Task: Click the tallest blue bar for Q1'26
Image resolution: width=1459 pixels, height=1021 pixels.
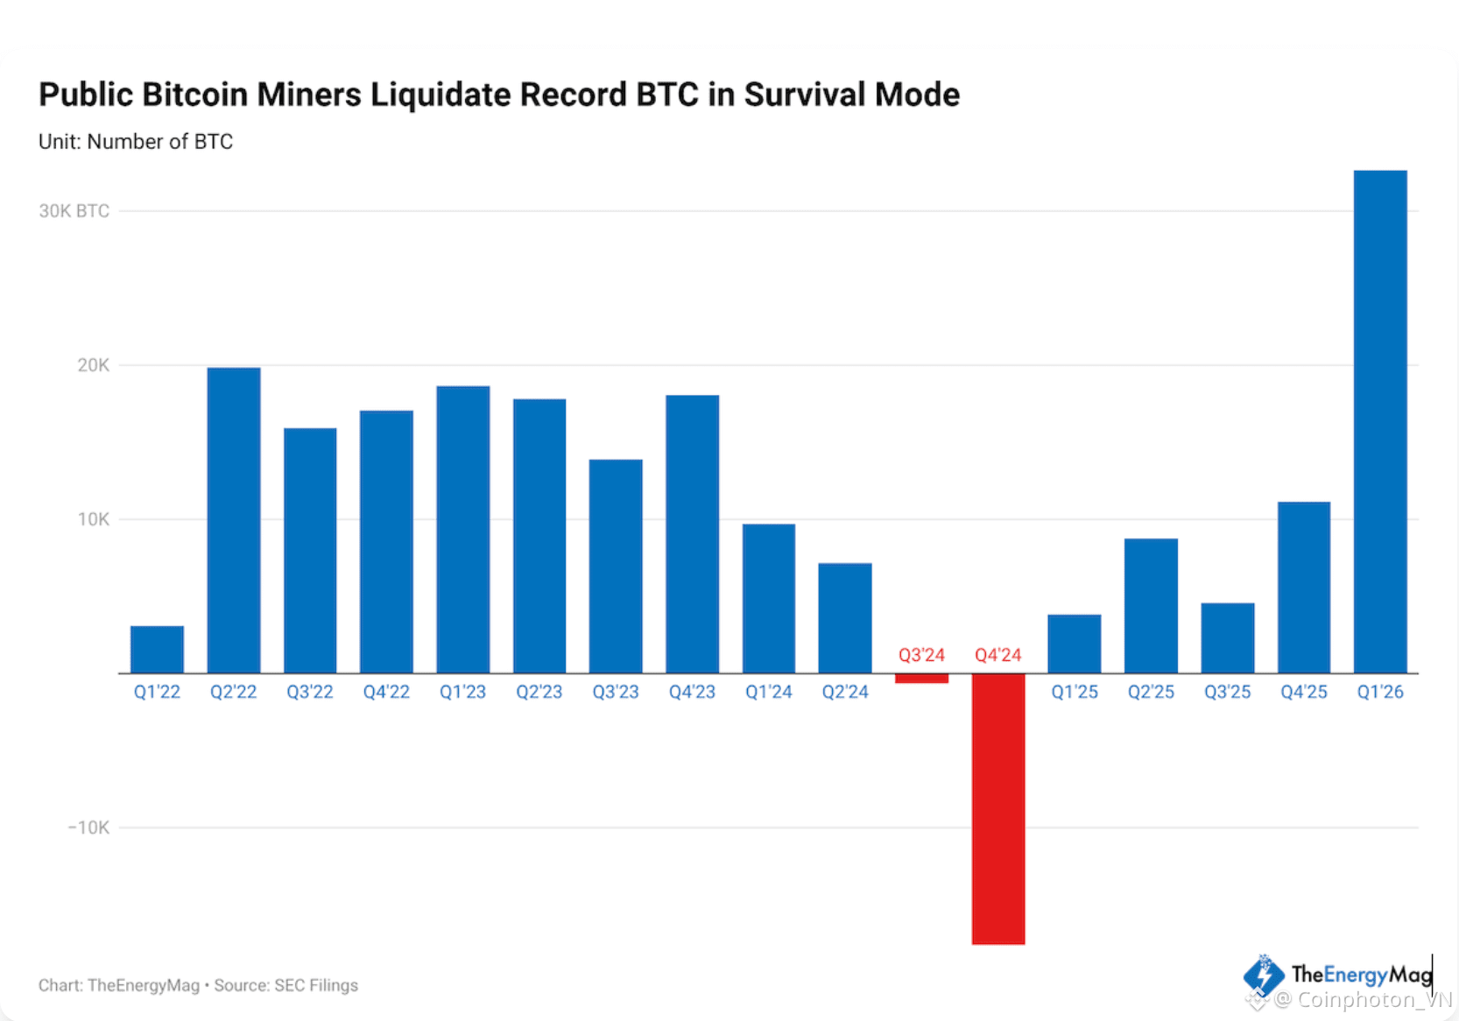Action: [x=1379, y=420]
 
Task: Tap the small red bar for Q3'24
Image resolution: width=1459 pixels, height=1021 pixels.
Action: [x=921, y=678]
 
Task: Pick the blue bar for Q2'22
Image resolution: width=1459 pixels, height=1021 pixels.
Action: [x=233, y=520]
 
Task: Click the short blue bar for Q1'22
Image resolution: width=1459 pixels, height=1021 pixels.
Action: [x=157, y=649]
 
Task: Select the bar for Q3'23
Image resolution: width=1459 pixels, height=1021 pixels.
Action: [x=616, y=566]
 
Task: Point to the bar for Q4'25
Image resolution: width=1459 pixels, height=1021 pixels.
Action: [x=1303, y=587]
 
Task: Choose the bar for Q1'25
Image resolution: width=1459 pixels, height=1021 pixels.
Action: [x=1074, y=644]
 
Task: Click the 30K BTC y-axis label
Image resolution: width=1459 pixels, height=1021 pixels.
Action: [x=74, y=211]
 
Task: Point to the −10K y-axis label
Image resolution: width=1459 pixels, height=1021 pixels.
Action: [x=88, y=827]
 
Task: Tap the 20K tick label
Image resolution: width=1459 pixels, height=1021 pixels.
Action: [x=93, y=365]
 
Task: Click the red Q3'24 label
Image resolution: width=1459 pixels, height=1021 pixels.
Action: [x=921, y=655]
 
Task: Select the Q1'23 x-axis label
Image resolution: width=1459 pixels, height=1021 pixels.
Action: [x=462, y=692]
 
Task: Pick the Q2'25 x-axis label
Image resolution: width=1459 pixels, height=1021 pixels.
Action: [x=1150, y=692]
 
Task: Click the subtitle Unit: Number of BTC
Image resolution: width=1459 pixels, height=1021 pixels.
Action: [x=136, y=142]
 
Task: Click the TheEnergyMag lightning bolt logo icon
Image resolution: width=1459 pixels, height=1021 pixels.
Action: [x=1263, y=975]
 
